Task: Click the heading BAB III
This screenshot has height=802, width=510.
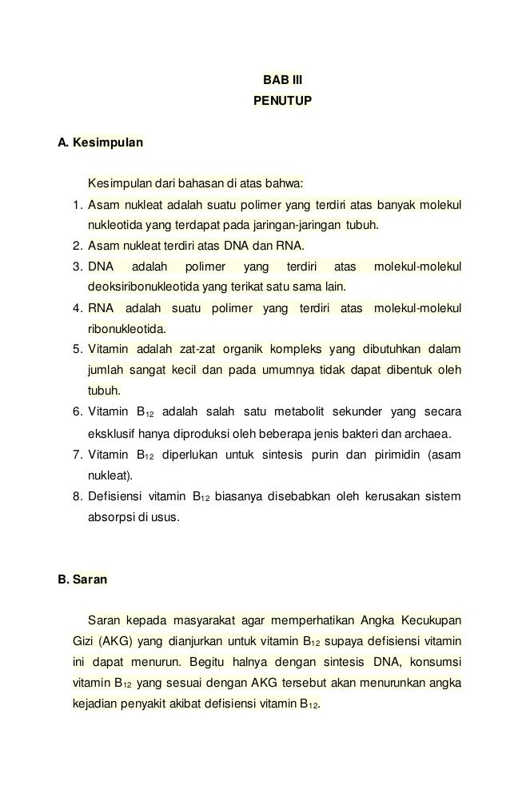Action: click(283, 81)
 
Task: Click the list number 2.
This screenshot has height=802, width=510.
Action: click(77, 245)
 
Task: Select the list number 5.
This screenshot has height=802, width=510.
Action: click(77, 349)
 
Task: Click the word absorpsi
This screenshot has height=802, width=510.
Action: click(110, 517)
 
